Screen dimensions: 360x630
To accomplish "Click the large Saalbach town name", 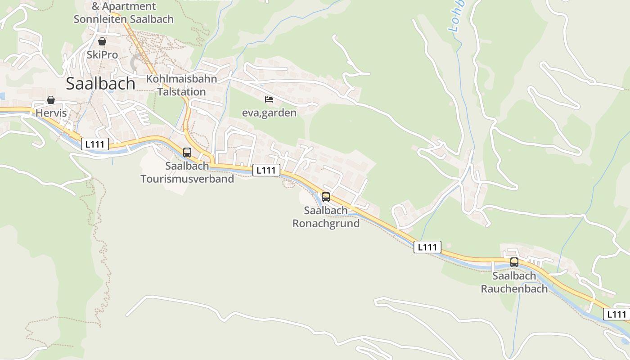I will click(x=100, y=84).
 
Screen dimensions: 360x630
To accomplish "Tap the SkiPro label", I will click(x=102, y=55).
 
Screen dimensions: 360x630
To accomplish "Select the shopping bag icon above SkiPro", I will click(x=102, y=41).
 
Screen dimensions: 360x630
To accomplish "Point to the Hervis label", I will click(x=51, y=113).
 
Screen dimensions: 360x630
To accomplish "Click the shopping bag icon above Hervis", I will click(x=51, y=99).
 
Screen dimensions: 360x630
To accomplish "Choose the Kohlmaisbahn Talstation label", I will click(x=181, y=85).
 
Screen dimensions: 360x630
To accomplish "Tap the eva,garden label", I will click(x=269, y=112).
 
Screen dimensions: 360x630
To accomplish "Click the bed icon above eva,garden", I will click(x=269, y=99).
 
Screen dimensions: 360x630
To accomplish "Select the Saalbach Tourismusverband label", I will click(x=187, y=172).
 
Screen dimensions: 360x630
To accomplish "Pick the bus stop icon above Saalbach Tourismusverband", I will click(x=187, y=152).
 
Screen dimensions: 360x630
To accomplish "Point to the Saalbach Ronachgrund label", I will click(x=326, y=217).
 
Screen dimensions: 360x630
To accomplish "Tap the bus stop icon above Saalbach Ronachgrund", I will click(x=326, y=197).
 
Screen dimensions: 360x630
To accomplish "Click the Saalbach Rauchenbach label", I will click(x=514, y=282).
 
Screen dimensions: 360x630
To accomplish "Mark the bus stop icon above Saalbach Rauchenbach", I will click(x=514, y=262).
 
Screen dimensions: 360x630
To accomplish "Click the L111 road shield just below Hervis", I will click(x=95, y=144).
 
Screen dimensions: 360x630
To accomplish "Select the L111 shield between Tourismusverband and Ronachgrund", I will click(x=266, y=170).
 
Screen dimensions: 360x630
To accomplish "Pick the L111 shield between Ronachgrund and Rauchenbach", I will click(x=427, y=247).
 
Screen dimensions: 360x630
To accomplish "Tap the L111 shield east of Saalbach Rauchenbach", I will click(x=616, y=315).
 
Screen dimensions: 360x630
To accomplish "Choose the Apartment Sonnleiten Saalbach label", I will click(x=123, y=13).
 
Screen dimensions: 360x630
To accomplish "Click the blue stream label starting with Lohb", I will click(x=457, y=18).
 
